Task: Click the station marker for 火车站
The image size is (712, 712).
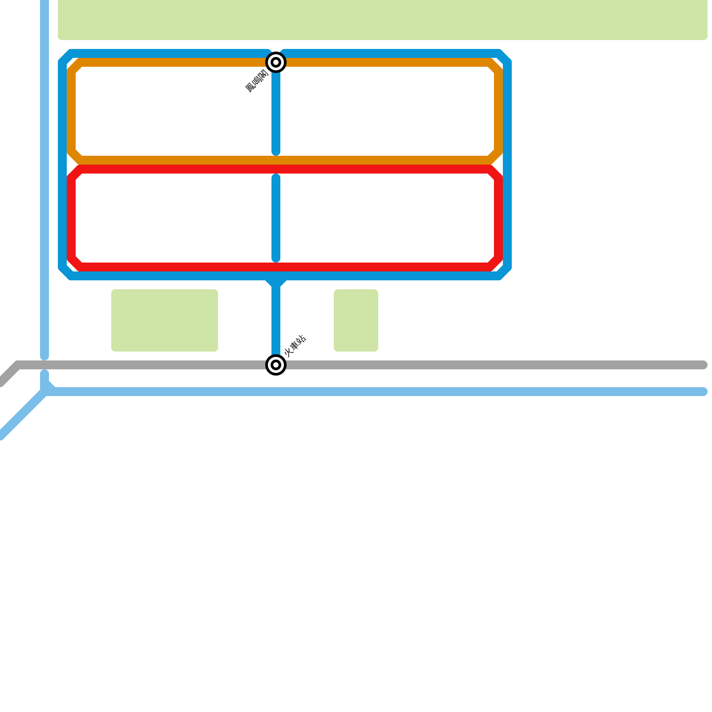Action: [x=276, y=365]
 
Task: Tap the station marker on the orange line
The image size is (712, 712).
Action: [x=276, y=62]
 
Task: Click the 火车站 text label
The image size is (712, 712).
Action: [x=295, y=346]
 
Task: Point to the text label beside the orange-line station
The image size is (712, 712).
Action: [x=257, y=81]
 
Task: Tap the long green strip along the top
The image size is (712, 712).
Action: [x=383, y=20]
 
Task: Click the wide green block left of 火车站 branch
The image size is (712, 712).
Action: [x=165, y=320]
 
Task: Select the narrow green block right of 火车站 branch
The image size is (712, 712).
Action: [x=356, y=320]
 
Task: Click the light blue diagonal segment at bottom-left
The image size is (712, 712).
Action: [x=22, y=414]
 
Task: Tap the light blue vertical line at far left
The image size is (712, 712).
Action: [x=44, y=178]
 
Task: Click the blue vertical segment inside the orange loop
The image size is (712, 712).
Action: [x=276, y=111]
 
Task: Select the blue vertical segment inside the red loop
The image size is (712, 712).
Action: [x=276, y=218]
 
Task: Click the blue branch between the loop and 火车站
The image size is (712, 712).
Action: [x=276, y=316]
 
